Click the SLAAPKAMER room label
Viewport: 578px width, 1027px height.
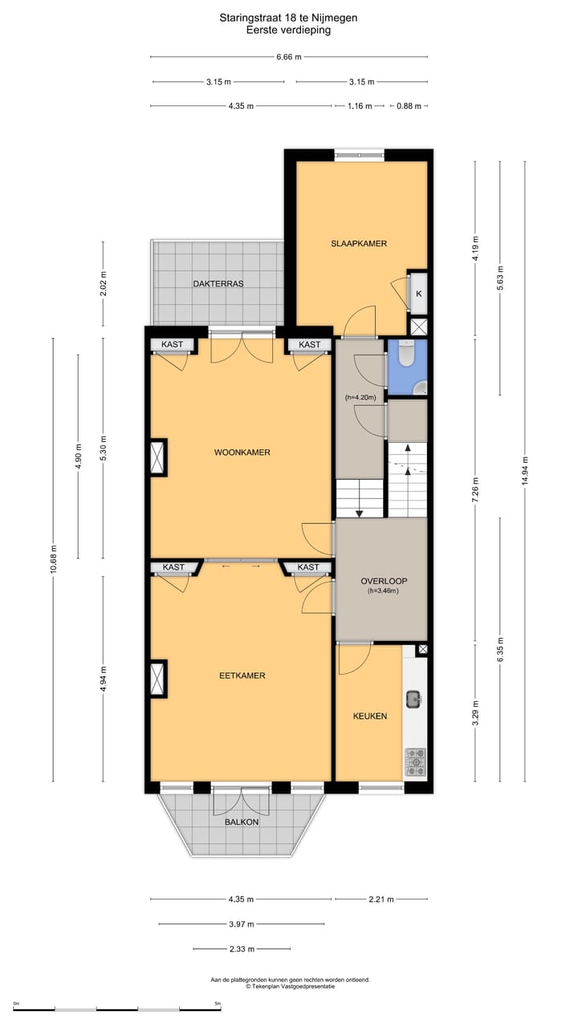(359, 243)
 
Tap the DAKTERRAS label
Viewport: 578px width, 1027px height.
(218, 284)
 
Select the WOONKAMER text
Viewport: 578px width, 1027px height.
(242, 453)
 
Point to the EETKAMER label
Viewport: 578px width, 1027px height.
(242, 676)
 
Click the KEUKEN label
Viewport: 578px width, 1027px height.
(370, 716)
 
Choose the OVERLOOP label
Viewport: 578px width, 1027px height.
(380, 581)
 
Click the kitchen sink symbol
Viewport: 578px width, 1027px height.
(413, 699)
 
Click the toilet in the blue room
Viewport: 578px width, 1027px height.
(406, 353)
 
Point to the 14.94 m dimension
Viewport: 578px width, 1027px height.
(525, 472)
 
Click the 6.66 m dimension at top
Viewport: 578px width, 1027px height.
(288, 57)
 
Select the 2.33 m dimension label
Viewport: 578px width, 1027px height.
(241, 949)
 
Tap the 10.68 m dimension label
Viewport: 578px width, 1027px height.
(53, 558)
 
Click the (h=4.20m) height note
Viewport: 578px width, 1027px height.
(360, 397)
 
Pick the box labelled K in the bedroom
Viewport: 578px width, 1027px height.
(418, 294)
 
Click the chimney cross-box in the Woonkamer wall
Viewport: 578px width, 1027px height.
(157, 457)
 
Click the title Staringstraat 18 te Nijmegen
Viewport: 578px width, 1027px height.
(288, 17)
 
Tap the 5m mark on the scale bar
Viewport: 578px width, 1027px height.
(218, 1004)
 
